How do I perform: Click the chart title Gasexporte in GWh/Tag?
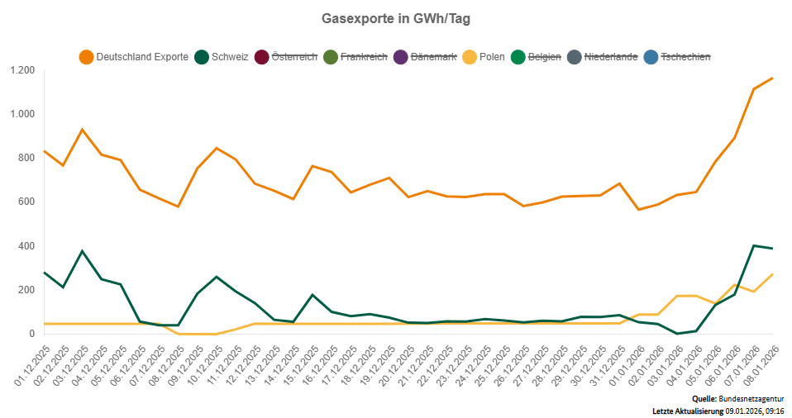point(395,17)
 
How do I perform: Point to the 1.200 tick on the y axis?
point(22,70)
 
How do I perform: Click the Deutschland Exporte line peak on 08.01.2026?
point(771,78)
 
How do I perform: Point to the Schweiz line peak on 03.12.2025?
point(82,251)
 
